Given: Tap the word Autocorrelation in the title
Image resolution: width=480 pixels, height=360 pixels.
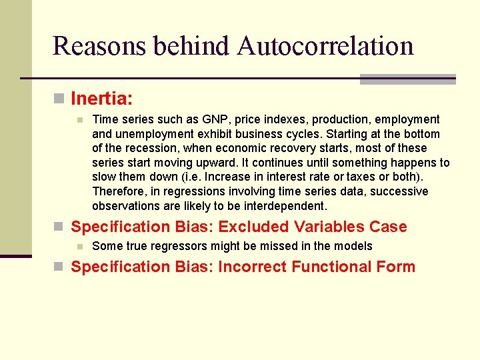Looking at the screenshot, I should (325, 46).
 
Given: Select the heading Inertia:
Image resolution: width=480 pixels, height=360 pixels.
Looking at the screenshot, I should (102, 99).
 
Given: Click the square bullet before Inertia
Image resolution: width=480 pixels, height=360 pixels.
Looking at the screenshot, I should (59, 99).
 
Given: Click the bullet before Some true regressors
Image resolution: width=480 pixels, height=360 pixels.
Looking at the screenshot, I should (79, 246).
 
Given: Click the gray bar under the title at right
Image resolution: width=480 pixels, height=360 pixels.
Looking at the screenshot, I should (407, 79).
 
